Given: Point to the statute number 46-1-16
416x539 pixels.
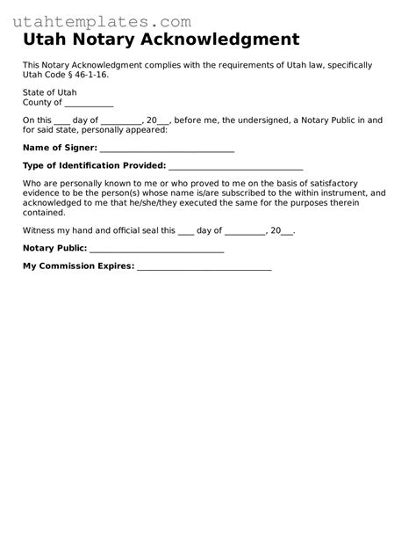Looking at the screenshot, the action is point(91,75).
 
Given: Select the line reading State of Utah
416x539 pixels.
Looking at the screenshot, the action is point(49,92).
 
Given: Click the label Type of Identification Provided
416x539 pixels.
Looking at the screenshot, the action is point(94,165).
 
